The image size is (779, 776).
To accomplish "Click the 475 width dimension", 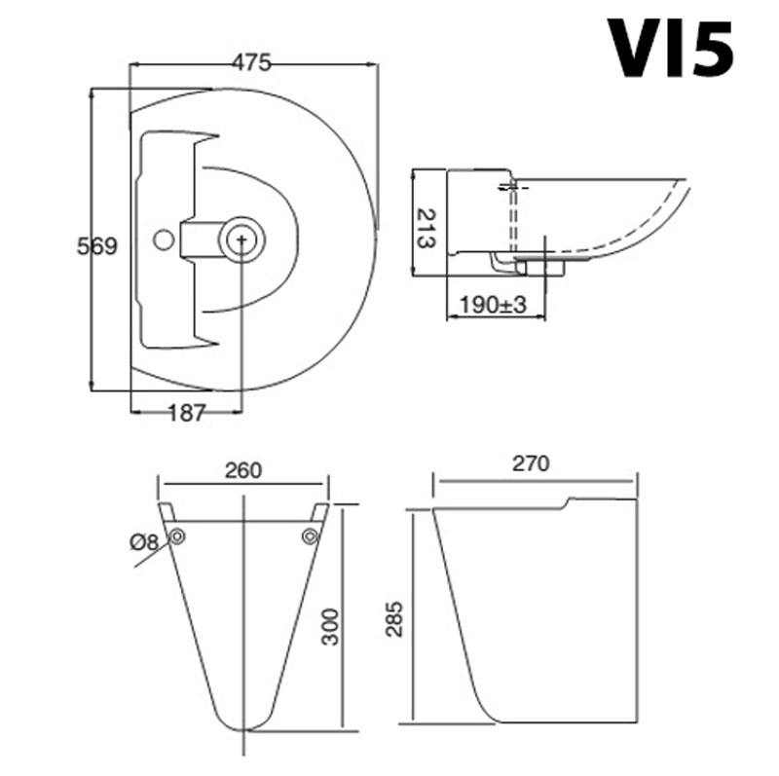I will click(251, 60).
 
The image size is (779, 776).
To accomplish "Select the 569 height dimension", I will click(97, 246).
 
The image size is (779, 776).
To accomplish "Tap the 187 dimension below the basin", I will click(186, 413).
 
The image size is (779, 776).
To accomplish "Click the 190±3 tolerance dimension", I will click(493, 304).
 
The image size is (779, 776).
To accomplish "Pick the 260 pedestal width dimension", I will click(242, 470).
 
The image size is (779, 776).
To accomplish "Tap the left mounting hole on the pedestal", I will click(177, 536).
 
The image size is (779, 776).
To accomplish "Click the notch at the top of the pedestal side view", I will click(568, 502).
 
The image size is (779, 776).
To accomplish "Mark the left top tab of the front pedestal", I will click(167, 511).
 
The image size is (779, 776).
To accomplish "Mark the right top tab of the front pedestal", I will click(320, 511).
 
